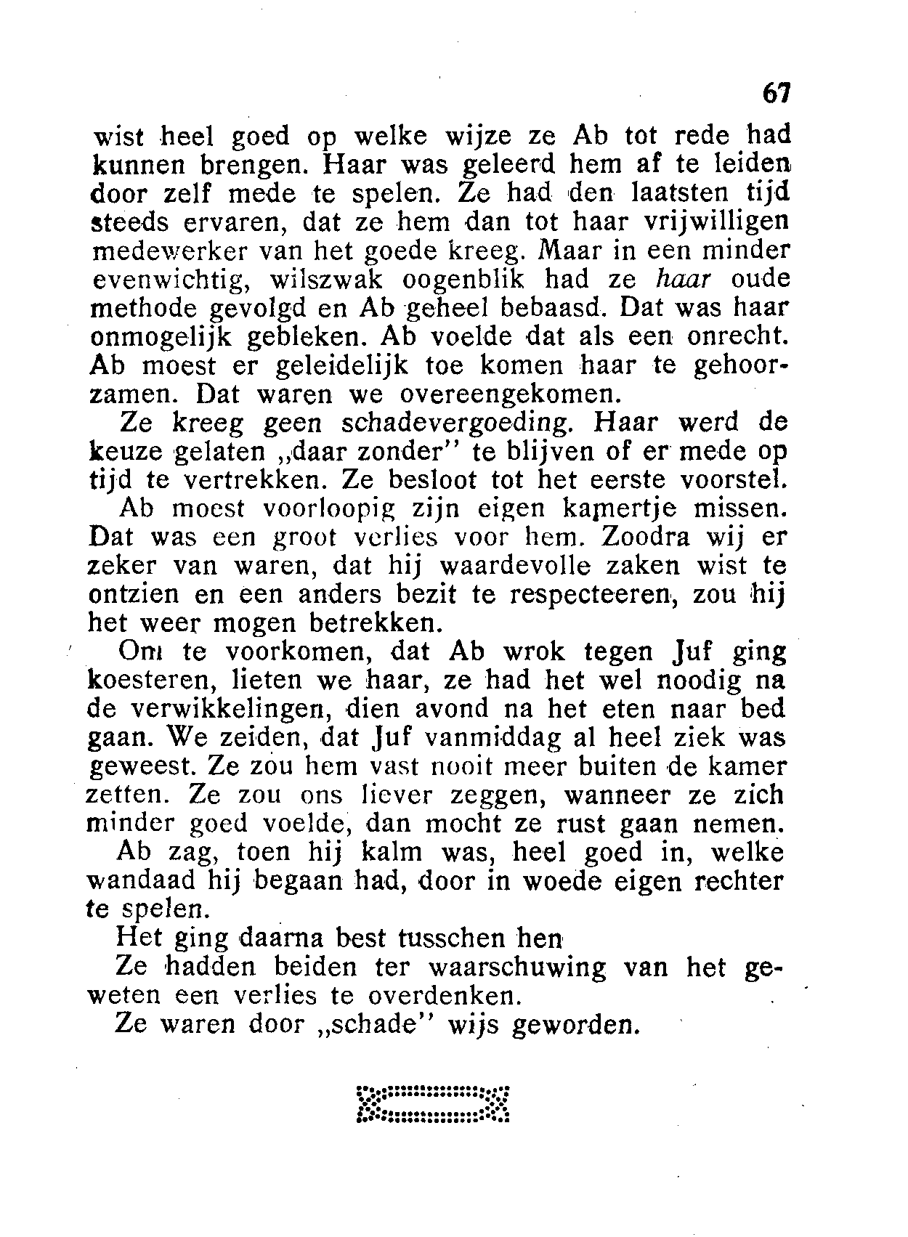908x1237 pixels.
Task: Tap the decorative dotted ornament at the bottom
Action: pyautogui.click(x=434, y=1104)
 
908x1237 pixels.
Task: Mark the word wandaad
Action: pyautogui.click(x=142, y=881)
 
